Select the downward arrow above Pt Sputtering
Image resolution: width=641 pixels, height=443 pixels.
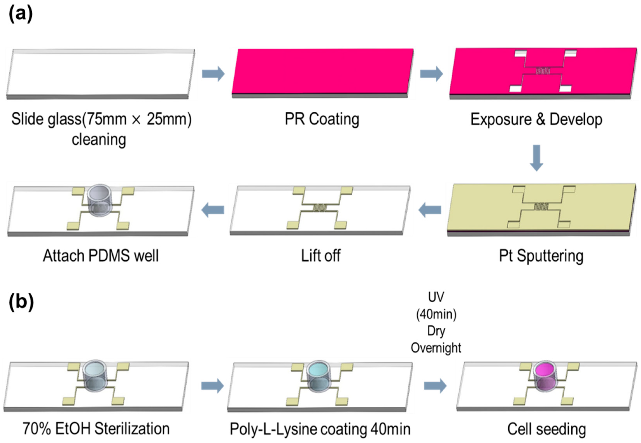click(x=536, y=158)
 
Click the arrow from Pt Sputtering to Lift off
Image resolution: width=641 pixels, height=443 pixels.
click(x=430, y=210)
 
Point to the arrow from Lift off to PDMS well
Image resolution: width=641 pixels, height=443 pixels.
click(x=213, y=210)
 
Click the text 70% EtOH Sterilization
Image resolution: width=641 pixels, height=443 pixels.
click(x=96, y=429)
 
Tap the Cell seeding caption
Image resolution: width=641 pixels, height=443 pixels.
click(x=546, y=429)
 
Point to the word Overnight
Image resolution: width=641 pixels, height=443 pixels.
click(x=436, y=348)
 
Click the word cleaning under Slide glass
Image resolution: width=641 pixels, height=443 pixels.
click(x=99, y=139)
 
